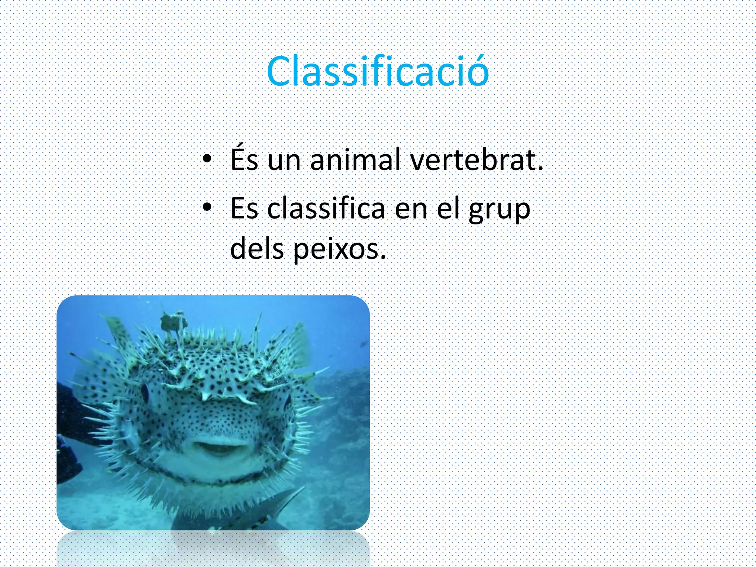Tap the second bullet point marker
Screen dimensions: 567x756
tap(207, 207)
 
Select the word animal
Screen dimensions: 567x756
tap(355, 160)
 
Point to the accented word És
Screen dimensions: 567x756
tap(244, 159)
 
